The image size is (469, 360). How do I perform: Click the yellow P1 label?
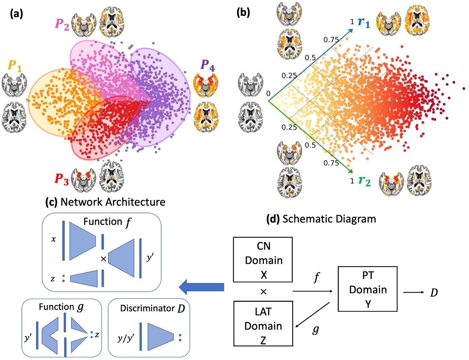[15, 66]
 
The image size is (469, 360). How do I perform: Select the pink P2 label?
[62, 24]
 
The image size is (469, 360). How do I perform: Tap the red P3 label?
[62, 179]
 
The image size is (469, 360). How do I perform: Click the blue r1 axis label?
[364, 22]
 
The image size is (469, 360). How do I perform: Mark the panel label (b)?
[243, 12]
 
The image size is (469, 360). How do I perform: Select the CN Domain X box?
[263, 260]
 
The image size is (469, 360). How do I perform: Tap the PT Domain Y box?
[367, 289]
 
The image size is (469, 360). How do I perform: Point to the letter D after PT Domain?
[434, 293]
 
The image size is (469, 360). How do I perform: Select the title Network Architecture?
[112, 202]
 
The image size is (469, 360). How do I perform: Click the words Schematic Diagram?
[329, 219]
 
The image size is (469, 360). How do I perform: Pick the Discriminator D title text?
[152, 309]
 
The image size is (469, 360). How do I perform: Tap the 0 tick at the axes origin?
[268, 93]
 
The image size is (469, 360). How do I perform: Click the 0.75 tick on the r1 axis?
[331, 40]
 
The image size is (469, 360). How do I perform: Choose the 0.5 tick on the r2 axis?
[310, 145]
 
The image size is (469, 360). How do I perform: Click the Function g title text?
[61, 307]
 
